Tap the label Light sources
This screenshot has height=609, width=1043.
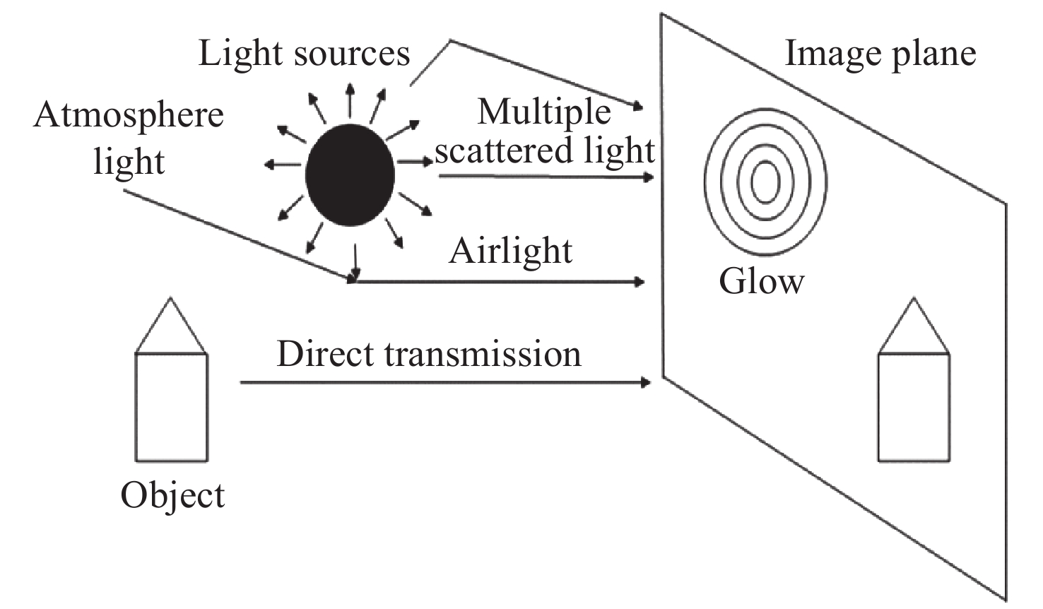tap(304, 54)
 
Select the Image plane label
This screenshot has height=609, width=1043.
tap(880, 54)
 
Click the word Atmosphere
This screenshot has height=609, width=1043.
tap(129, 115)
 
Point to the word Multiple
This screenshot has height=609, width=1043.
tap(544, 112)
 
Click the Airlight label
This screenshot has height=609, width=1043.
tap(510, 251)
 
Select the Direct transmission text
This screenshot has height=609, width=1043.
tap(429, 353)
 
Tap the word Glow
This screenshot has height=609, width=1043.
tap(761, 280)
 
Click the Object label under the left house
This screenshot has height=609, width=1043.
tap(172, 495)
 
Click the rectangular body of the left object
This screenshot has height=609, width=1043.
tap(172, 408)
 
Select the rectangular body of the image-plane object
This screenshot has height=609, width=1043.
tap(914, 408)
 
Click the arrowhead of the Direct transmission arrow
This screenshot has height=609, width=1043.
tap(644, 383)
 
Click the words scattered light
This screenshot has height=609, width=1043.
tap(544, 150)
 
